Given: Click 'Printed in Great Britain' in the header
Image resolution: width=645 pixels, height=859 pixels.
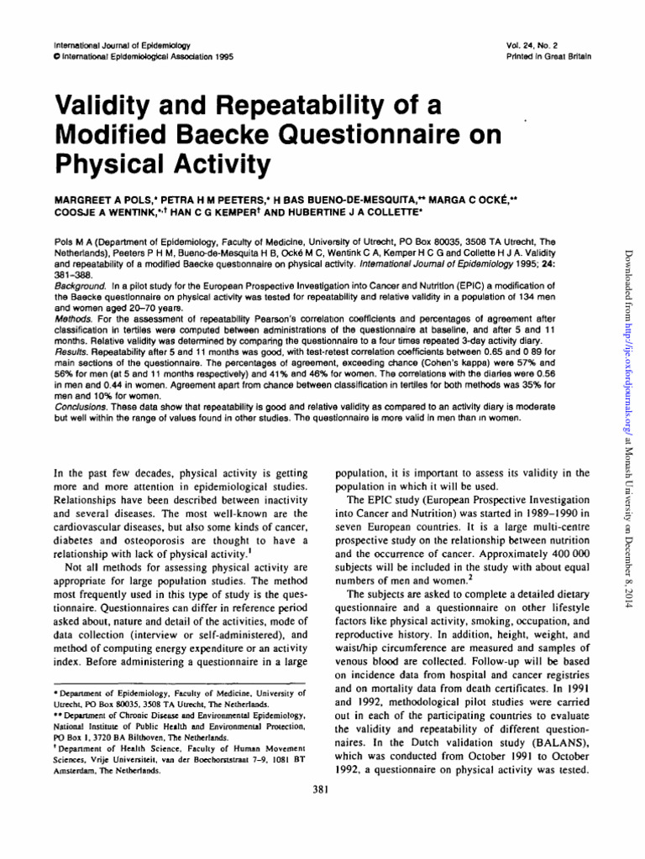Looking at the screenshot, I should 562,56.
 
